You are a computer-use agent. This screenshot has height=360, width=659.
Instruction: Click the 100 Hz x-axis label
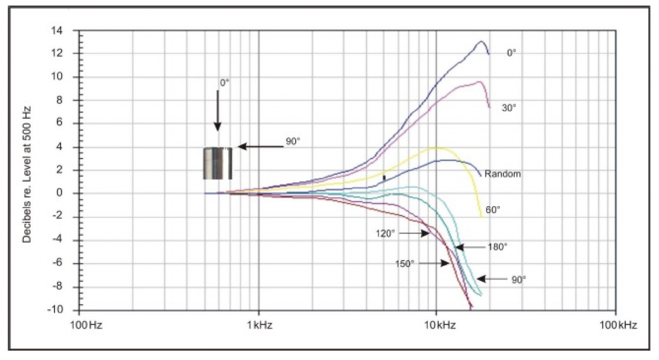[86, 325]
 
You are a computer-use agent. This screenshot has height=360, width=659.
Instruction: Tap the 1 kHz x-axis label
[260, 325]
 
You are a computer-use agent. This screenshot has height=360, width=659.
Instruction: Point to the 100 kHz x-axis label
[618, 325]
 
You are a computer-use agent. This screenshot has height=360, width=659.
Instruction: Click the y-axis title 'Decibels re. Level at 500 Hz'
[27, 175]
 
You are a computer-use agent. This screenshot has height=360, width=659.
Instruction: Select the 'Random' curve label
[502, 174]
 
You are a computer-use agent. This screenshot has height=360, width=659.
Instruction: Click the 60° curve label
[493, 210]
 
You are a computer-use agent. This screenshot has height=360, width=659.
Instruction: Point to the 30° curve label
[508, 108]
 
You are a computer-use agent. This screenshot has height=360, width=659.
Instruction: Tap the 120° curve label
[385, 234]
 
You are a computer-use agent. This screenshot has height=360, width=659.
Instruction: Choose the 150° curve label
[404, 263]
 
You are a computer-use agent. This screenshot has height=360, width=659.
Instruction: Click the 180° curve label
[497, 247]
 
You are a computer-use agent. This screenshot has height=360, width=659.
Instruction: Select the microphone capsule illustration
[217, 163]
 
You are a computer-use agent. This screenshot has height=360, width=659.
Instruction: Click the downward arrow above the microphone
[217, 110]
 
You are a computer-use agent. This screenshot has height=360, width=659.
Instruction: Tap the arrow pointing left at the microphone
[260, 147]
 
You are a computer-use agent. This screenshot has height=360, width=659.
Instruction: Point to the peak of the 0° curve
[481, 42]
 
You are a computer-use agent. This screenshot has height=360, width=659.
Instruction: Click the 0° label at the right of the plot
[511, 53]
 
